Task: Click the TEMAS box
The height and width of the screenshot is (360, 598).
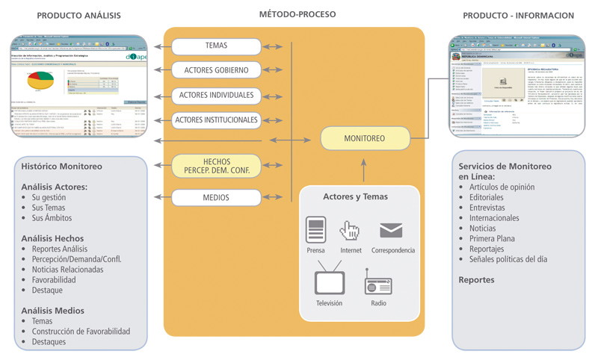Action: (x=216, y=46)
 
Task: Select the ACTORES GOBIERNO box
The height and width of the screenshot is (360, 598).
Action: (x=216, y=70)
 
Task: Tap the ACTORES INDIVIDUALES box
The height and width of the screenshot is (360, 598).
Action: (x=216, y=95)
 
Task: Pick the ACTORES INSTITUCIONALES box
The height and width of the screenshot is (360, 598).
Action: (x=216, y=120)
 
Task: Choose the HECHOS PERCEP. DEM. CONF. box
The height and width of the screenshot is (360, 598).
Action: (x=216, y=167)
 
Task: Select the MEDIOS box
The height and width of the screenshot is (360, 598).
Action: (x=216, y=198)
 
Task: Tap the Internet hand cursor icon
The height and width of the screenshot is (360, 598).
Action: (x=350, y=230)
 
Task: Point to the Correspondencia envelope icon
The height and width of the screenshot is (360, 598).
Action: (x=391, y=230)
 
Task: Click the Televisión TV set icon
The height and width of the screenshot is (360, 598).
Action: (x=329, y=282)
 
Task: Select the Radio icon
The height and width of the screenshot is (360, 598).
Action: (x=378, y=284)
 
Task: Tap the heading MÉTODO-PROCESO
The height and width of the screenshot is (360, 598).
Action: (x=297, y=14)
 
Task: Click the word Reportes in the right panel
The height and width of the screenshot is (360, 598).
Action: (x=476, y=280)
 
